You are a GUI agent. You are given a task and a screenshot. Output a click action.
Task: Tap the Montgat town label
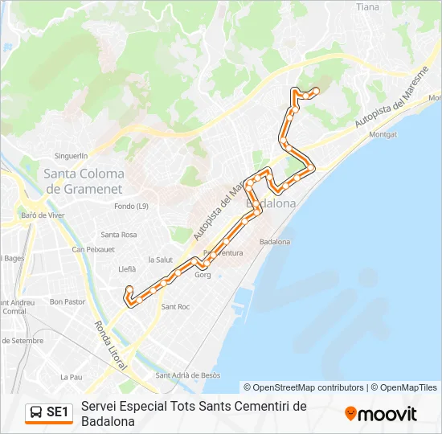click(383, 134)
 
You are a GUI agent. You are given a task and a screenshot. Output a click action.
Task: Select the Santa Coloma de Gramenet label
click(84, 181)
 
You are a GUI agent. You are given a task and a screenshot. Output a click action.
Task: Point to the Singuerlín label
click(70, 155)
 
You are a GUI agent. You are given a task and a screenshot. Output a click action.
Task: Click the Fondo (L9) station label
click(131, 207)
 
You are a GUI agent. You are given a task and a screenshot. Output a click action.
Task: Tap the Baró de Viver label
click(43, 215)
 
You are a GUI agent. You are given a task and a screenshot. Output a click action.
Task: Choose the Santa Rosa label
click(118, 235)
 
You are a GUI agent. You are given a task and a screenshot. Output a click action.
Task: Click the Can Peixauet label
click(93, 250)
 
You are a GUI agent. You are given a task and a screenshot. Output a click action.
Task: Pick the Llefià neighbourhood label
click(127, 269)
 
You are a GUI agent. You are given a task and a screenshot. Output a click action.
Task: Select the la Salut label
click(161, 260)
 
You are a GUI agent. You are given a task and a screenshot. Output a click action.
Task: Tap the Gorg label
click(203, 275)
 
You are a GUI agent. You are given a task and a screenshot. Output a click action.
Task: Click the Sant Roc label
click(175, 306)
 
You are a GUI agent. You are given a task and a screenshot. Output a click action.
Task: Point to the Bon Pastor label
click(68, 302)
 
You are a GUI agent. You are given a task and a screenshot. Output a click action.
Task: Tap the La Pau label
click(72, 376)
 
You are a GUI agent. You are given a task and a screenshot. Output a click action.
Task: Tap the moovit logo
click(381, 413)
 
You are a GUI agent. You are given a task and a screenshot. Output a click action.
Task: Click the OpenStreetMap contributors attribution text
click(304, 387)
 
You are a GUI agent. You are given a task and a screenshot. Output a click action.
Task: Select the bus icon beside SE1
click(37, 412)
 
